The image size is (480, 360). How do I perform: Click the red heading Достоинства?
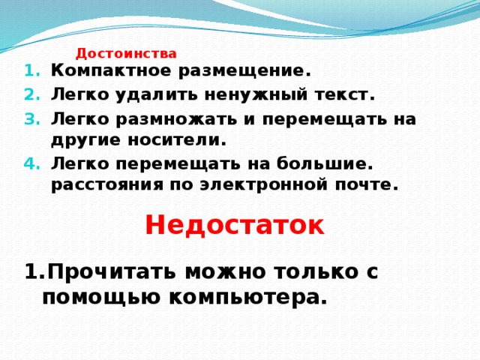pyautogui.click(x=126, y=53)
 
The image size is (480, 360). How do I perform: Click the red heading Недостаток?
pyautogui.click(x=234, y=224)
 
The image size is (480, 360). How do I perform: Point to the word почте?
pyautogui.click(x=367, y=184)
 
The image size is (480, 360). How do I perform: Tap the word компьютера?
pyautogui.click(x=248, y=298)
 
